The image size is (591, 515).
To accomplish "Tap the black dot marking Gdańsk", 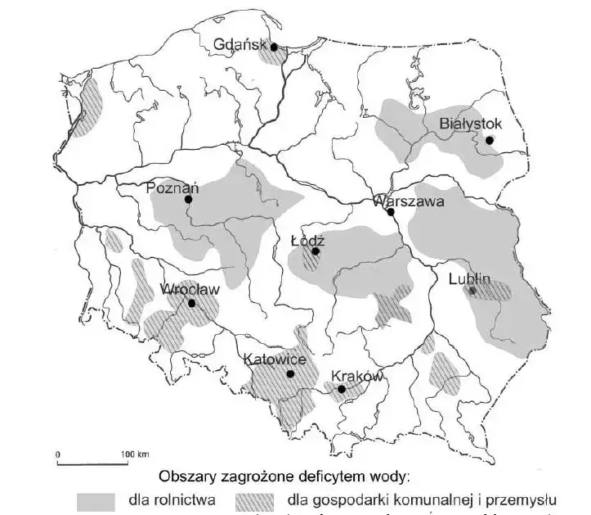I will tap(275, 47).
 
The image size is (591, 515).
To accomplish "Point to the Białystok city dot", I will tap(489, 140).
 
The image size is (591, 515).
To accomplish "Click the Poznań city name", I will tap(172, 187).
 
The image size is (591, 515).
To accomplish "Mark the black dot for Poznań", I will tap(188, 199).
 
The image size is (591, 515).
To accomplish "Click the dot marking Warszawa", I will tap(392, 212).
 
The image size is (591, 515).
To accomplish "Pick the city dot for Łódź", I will tap(316, 252).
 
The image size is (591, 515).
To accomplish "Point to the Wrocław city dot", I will tap(191, 303).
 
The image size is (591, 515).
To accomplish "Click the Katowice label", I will tap(275, 360).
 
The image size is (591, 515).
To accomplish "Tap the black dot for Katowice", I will tap(290, 374).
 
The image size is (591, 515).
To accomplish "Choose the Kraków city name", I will tap(357, 377).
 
